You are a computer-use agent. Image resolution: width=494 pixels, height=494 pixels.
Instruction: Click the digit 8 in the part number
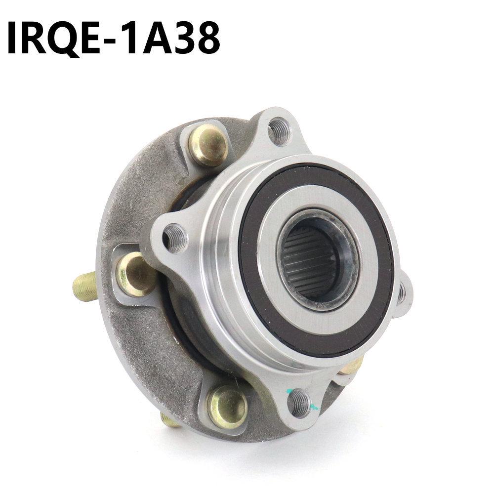(206, 38)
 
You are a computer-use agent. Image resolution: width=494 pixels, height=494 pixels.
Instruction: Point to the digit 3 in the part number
(177, 38)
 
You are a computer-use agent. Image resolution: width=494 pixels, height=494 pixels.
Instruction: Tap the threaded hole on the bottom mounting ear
(300, 403)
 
